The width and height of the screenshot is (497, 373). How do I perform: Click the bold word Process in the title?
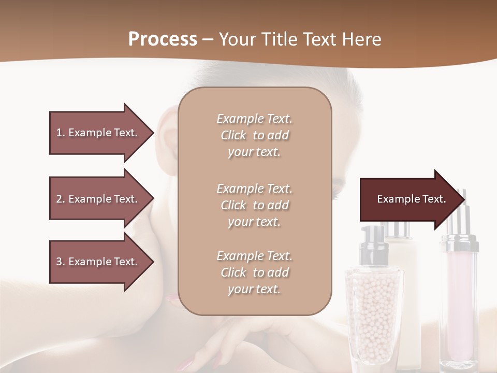click(x=163, y=39)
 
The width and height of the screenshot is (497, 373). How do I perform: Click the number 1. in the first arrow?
click(x=61, y=133)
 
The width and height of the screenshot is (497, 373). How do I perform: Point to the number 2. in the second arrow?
click(x=61, y=199)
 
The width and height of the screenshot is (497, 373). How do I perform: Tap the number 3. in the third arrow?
click(x=61, y=262)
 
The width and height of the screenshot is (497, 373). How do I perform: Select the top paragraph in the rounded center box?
click(x=255, y=135)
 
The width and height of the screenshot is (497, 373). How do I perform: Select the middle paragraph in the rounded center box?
click(x=255, y=205)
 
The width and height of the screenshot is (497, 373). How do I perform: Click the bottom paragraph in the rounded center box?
click(x=255, y=272)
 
